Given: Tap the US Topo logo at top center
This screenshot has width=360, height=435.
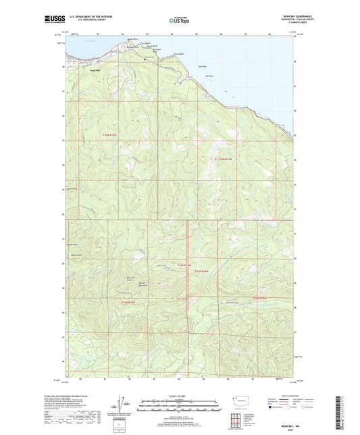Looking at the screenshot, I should pos(178,21).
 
